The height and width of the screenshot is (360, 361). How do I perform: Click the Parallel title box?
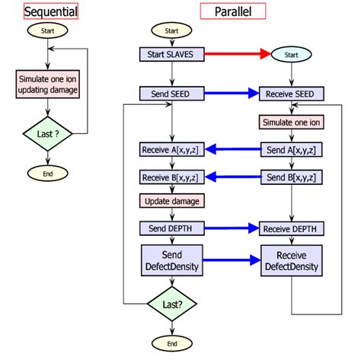click(x=233, y=11)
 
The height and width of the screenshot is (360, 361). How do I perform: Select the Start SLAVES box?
click(x=171, y=54)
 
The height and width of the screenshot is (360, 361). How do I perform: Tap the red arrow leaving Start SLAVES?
click(x=237, y=54)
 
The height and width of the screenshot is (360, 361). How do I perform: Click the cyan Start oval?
click(x=290, y=54)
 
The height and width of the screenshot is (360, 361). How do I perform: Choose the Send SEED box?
click(x=171, y=94)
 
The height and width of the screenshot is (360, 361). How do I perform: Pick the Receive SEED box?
click(x=290, y=94)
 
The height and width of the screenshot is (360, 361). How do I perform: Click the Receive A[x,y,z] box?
click(x=171, y=149)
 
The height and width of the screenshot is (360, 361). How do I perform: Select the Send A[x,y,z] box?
click(x=290, y=149)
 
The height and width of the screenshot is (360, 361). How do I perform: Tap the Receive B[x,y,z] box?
click(x=171, y=177)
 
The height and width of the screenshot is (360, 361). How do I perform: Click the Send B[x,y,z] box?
click(x=290, y=177)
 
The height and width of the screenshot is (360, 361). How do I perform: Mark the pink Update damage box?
click(x=171, y=202)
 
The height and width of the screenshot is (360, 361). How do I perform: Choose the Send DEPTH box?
click(x=171, y=228)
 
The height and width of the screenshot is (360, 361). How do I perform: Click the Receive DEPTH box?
click(x=290, y=228)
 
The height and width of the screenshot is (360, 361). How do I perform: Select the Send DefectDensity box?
click(x=171, y=260)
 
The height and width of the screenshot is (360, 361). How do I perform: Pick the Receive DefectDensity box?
click(x=290, y=260)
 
